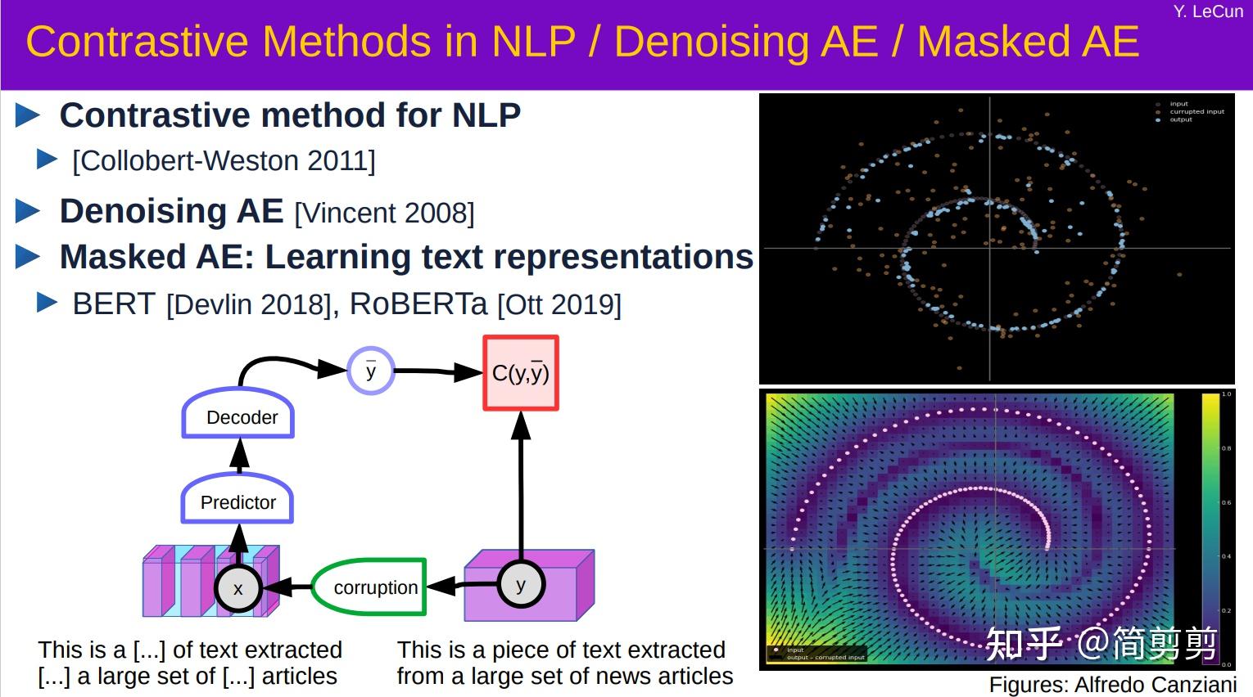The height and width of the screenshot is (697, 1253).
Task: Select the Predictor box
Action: pos(237,501)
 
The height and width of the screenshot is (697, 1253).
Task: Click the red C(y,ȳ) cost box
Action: pos(521,373)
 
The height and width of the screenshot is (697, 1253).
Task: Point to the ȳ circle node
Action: pos(371,371)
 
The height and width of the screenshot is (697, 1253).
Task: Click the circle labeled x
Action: pos(238,588)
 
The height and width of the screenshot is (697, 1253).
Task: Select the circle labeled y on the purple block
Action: pos(521,584)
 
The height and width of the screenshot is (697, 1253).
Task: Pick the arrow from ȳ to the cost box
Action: pos(437,372)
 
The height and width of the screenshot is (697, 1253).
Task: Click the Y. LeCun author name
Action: pos(1207,11)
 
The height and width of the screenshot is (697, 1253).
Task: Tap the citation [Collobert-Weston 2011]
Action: pos(224,161)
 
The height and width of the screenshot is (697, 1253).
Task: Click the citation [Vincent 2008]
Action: pos(384,214)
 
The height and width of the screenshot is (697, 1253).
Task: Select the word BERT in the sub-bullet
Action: pos(114,304)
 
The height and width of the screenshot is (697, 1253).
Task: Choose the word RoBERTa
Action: pos(418,304)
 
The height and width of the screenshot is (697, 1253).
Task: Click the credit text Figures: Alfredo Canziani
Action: pos(1112,685)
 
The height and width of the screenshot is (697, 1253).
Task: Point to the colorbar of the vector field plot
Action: pos(1210,528)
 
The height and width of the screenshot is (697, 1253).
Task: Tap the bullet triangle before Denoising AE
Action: pos(28,211)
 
